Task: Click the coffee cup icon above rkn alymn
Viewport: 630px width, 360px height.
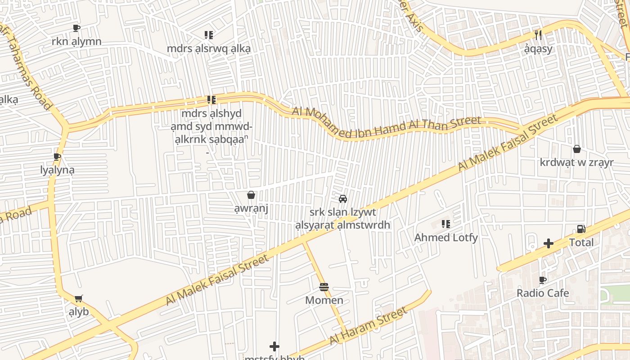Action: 76,28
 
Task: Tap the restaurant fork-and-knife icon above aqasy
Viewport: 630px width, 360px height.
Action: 538,35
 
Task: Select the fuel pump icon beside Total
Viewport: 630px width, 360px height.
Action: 581,229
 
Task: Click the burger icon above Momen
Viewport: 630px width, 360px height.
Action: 324,287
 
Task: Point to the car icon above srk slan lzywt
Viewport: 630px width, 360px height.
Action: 342,198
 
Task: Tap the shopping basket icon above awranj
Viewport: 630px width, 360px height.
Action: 251,195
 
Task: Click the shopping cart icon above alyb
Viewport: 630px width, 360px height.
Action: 79,298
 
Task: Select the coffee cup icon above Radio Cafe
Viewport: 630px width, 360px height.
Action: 543,280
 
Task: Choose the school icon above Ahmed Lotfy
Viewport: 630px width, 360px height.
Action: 445,224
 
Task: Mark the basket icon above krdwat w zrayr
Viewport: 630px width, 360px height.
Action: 576,149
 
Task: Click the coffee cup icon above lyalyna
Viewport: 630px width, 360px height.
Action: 57,157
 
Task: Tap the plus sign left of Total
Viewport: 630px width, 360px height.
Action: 548,243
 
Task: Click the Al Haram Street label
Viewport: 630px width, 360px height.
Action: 368,326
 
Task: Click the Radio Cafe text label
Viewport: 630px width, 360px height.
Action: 543,293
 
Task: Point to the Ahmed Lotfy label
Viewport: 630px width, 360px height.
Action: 445,237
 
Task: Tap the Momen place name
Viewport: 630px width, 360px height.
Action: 324,300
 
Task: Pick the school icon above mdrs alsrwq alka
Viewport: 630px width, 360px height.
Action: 208,35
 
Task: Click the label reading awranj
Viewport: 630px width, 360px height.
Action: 251,209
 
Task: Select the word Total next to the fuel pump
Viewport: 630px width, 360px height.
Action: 581,243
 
